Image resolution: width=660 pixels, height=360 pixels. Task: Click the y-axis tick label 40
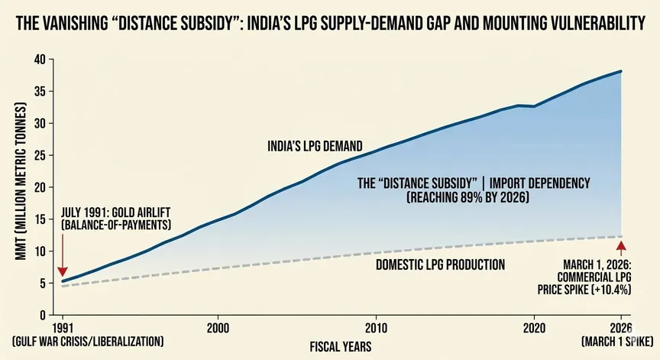[40, 60]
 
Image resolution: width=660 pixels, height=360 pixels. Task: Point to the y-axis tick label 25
[40, 155]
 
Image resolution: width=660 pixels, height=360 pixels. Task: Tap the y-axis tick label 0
[44, 315]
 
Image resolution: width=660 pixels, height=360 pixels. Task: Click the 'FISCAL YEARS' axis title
[341, 345]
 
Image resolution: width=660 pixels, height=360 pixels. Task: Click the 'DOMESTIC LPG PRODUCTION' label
[441, 265]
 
